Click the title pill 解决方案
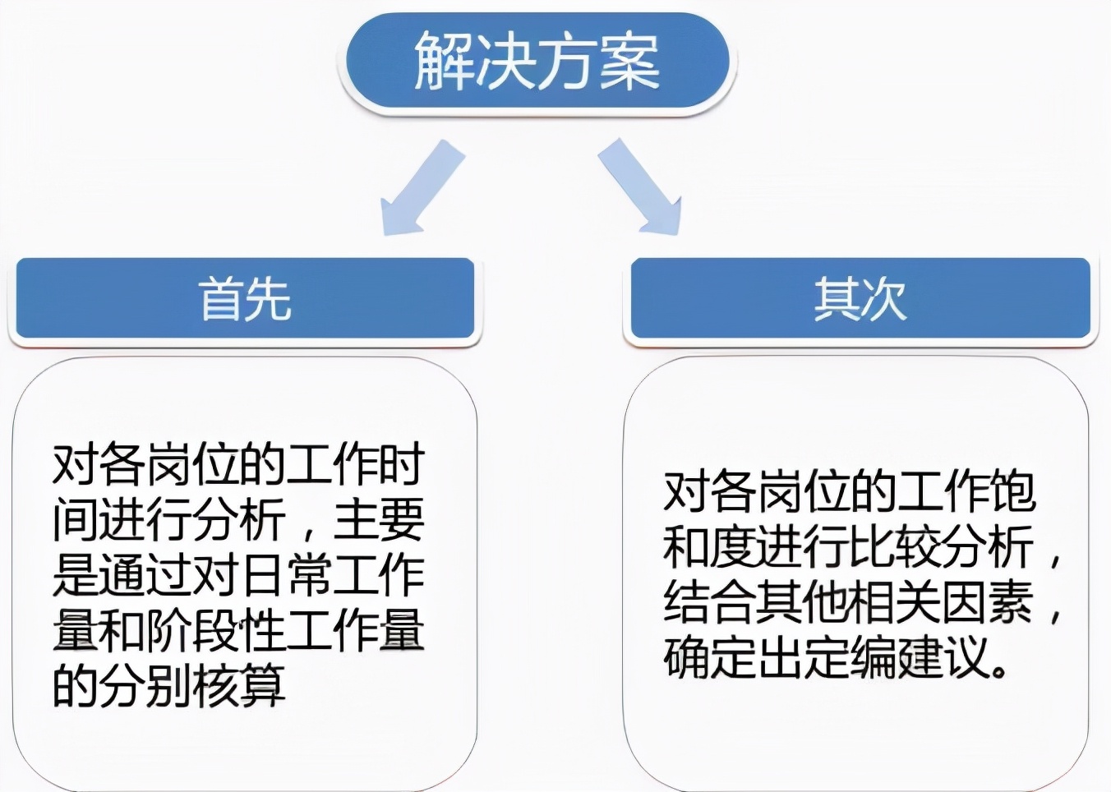537,63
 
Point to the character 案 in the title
629,62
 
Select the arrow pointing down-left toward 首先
422,187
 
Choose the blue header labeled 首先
245,298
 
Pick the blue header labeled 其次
860,298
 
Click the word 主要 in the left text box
379,520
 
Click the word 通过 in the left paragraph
145,576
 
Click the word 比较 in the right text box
897,548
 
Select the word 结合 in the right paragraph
710,604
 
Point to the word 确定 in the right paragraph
710,660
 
